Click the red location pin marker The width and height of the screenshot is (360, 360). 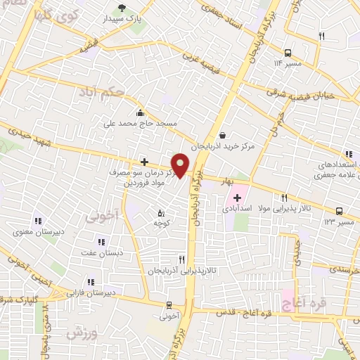pos(181,165)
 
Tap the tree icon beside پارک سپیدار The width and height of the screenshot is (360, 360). pos(124,9)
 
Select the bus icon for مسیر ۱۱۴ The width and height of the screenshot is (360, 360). pos(288,53)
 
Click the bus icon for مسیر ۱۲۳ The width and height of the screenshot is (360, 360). pos(340,211)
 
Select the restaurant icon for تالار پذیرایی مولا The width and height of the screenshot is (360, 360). pos(285,198)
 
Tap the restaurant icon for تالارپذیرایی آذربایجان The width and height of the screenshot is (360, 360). pos(181,259)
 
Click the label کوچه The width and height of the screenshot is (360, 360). pos(163,222)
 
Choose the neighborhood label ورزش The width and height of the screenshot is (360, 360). pos(82,333)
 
